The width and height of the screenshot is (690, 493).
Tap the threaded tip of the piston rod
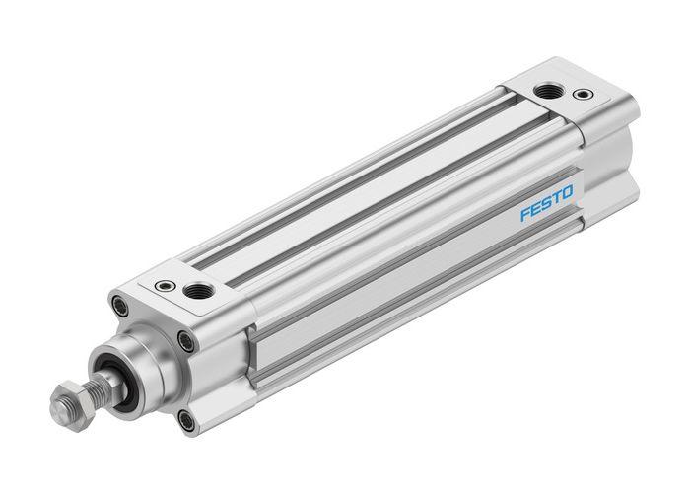[x=56, y=407]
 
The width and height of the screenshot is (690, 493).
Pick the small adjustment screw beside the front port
[x=163, y=287]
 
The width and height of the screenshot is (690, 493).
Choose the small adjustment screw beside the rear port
[x=586, y=95]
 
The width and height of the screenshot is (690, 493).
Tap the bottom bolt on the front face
[x=186, y=421]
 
